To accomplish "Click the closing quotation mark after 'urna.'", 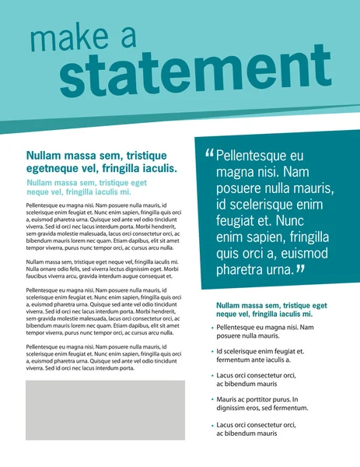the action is coord(301,270).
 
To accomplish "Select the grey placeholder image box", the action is coord(105,409).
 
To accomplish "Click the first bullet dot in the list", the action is coord(211,328).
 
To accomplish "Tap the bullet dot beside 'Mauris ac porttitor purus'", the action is coord(211,400).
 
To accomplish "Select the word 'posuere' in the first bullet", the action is coord(230,336).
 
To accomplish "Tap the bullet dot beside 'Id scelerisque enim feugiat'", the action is coord(211,352).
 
